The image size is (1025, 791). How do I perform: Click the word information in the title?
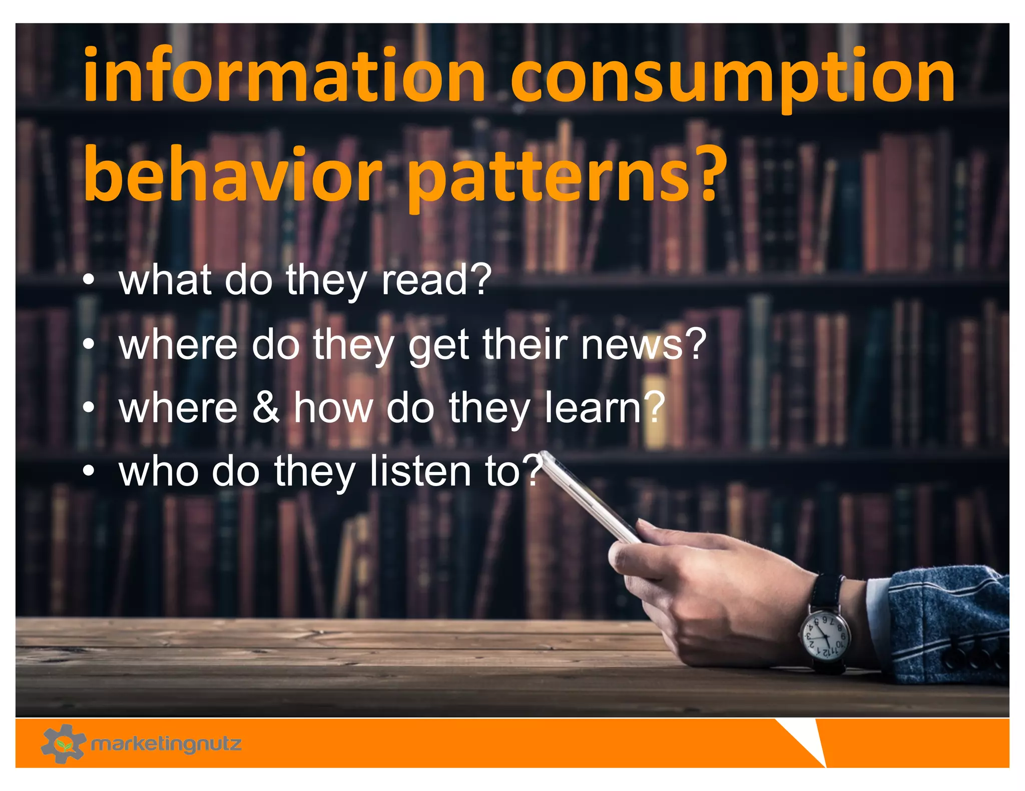pos(284,75)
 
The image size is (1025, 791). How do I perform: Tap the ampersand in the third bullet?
pos(266,407)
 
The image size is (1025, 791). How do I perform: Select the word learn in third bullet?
pos(593,407)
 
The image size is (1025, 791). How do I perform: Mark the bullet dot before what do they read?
pos(89,281)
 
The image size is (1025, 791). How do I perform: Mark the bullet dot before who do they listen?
pos(89,471)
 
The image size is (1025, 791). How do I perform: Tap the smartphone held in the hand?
pos(591,498)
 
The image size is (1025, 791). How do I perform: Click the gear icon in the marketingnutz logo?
pos(63,743)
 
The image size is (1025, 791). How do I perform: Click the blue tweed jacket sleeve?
pos(946,625)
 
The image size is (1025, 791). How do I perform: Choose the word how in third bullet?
pos(333,407)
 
